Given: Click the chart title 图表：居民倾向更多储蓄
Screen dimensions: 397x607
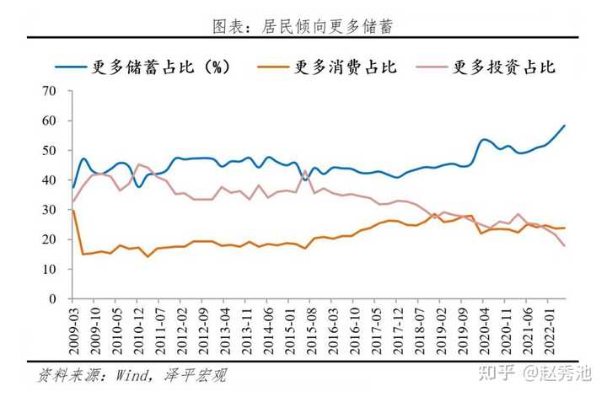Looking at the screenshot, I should [303, 26].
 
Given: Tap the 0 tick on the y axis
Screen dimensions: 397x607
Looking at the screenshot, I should [52, 299].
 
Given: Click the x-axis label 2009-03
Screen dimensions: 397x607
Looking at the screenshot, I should [73, 332].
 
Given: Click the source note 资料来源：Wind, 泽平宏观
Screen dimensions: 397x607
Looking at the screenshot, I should [132, 376].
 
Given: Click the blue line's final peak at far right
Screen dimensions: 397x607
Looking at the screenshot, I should [565, 126].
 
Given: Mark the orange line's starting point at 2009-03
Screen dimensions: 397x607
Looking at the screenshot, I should [73, 210].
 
